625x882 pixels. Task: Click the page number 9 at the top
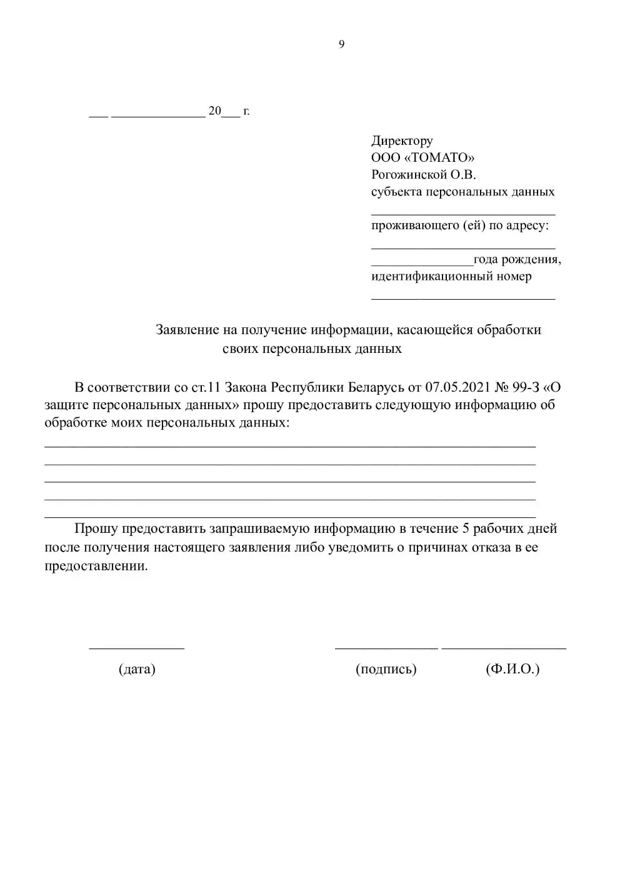click(x=341, y=44)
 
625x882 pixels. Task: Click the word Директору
click(x=402, y=141)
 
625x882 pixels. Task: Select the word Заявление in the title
click(x=186, y=329)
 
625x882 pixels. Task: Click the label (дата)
click(x=137, y=669)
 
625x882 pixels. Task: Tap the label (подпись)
click(x=386, y=669)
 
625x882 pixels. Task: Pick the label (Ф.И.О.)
click(x=512, y=669)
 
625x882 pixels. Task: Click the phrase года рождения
click(x=517, y=259)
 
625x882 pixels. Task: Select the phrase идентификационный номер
click(x=451, y=276)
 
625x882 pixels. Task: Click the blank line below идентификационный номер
click(x=463, y=298)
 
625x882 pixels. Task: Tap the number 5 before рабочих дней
click(x=465, y=528)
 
